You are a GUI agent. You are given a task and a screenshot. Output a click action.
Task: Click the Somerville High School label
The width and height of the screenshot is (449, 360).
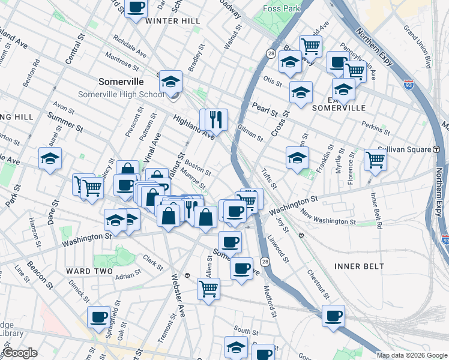click(x=121, y=95)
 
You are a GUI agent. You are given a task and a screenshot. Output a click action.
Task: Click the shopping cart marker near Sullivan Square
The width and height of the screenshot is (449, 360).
click(x=375, y=160)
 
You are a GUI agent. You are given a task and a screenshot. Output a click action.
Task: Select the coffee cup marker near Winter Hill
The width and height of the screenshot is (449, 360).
click(x=136, y=8)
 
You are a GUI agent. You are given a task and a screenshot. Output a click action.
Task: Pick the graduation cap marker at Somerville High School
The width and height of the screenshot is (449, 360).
click(x=170, y=81)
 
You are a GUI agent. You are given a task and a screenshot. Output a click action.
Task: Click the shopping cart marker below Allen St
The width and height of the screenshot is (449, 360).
click(x=209, y=289)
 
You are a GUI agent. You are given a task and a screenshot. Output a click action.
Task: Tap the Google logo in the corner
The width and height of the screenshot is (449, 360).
click(x=20, y=353)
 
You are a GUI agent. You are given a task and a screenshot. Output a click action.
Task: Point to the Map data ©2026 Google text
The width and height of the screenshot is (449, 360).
click(x=412, y=355)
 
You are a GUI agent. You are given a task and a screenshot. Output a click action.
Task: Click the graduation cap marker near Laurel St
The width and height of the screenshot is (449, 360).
click(x=50, y=158)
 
